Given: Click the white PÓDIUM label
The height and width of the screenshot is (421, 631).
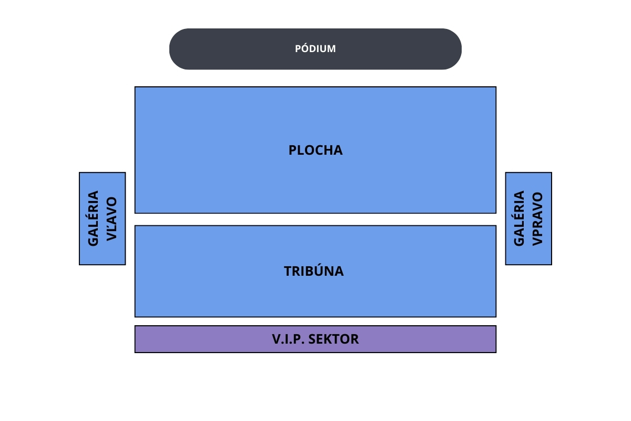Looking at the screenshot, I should click(315, 49).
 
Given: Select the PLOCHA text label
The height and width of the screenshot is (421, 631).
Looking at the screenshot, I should click(315, 150).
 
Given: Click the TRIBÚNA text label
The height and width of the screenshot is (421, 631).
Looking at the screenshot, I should click(314, 271).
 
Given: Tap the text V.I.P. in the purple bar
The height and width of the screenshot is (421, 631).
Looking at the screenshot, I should click(288, 339).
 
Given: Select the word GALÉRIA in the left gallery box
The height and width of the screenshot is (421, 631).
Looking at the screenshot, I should click(94, 218).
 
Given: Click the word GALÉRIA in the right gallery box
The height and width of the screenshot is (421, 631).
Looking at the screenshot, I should click(519, 218).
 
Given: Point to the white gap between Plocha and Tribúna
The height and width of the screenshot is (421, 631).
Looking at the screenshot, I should click(315, 219).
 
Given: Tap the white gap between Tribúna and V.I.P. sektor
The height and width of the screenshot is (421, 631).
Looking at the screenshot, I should click(315, 321).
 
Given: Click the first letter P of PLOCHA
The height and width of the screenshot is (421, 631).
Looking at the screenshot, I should click(293, 150).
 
